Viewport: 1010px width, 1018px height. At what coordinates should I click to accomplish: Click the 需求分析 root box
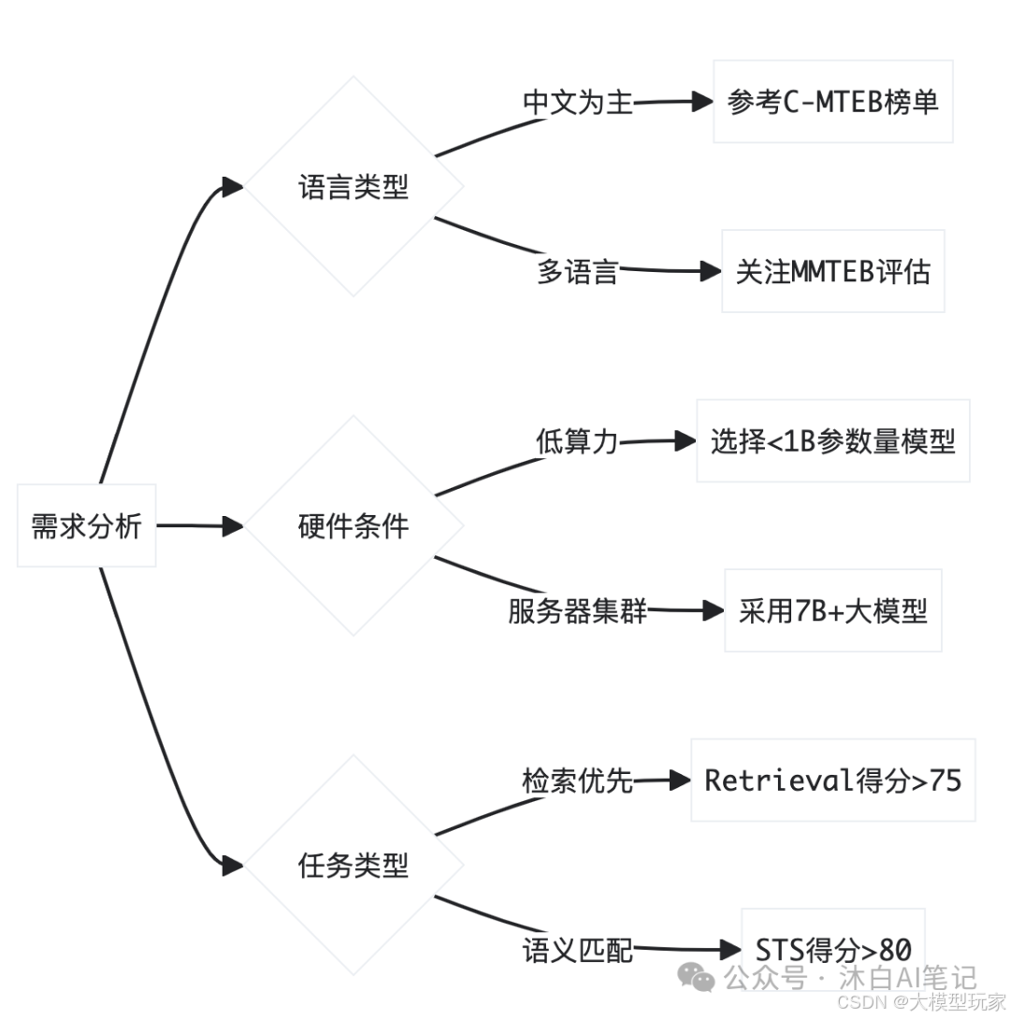coord(86,526)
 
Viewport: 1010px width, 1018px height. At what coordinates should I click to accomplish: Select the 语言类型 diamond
coord(353,187)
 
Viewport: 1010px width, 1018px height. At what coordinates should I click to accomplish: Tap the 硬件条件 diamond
coord(353,526)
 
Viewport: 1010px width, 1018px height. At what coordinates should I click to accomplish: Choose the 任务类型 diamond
coord(353,866)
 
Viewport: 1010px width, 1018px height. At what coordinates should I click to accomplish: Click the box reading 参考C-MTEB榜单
coord(832,102)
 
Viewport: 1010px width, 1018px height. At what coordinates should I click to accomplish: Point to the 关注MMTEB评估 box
coord(832,271)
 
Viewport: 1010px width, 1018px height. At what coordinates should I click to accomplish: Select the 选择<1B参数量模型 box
coord(832,441)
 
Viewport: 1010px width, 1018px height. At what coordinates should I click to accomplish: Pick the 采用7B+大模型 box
coord(832,611)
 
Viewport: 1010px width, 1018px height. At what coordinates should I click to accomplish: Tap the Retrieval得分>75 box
coord(832,781)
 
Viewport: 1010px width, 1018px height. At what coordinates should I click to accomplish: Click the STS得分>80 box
coord(832,950)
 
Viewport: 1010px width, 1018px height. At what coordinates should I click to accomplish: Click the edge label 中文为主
coord(577,102)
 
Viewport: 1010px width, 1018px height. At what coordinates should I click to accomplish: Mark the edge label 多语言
coord(577,272)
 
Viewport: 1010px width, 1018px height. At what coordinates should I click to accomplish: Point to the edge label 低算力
coord(577,441)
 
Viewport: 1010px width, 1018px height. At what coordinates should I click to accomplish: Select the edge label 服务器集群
coord(577,611)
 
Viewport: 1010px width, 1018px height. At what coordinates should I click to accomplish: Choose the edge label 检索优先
coord(577,781)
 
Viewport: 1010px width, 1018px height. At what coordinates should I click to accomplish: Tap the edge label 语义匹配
coord(577,951)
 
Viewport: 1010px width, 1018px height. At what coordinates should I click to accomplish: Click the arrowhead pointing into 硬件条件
coord(232,526)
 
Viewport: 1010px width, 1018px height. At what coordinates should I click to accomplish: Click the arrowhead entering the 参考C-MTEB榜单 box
coord(702,102)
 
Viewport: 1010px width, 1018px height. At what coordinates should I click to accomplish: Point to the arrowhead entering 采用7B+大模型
coord(714,611)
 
